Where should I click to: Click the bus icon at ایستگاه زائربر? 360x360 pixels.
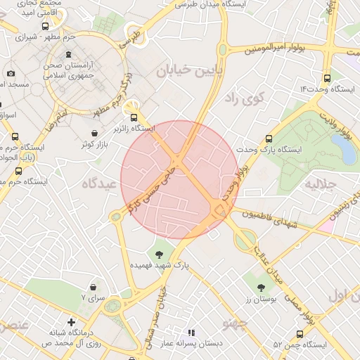(x=134, y=118)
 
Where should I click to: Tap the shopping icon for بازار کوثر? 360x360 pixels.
(x=95, y=133)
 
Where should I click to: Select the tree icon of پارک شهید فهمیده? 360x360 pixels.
(x=159, y=254)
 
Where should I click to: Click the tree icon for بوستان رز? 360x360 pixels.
(x=262, y=288)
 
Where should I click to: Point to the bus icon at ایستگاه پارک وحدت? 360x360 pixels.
(x=269, y=139)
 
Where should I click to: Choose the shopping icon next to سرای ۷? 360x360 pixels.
(x=94, y=288)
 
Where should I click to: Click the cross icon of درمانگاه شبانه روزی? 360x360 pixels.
(x=70, y=321)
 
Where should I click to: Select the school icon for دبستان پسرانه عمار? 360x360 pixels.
(x=190, y=332)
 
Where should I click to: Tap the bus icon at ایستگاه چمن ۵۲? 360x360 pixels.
(x=300, y=335)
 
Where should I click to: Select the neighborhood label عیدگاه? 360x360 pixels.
(x=98, y=184)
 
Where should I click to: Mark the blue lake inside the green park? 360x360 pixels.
(x=343, y=148)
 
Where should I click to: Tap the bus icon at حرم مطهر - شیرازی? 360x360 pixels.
(x=46, y=27)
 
